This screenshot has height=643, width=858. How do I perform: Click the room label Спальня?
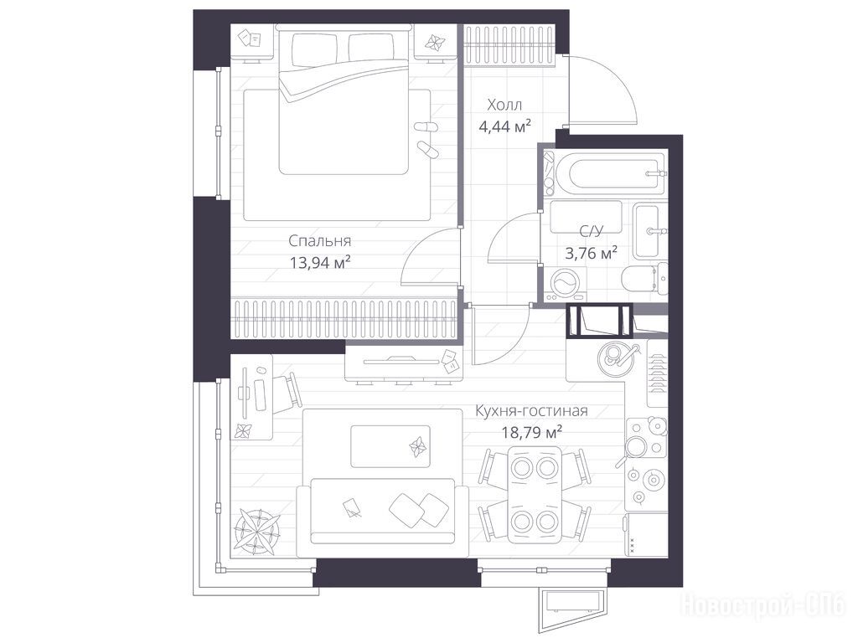click(319, 240)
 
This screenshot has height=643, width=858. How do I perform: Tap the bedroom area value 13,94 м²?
click(319, 263)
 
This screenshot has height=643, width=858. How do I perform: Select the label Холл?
click(504, 105)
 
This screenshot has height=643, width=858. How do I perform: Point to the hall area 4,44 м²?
click(504, 127)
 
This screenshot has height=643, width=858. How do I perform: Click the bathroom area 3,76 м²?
click(591, 253)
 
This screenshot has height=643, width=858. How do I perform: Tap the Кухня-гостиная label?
click(531, 410)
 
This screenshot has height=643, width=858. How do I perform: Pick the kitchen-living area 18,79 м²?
click(532, 433)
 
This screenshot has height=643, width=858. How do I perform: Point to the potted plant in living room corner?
click(256, 530)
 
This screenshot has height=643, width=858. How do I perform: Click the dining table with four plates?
click(535, 494)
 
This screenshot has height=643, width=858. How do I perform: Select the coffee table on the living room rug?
click(390, 447)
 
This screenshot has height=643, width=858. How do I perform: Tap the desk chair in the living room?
click(287, 394)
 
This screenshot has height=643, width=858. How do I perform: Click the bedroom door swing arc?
click(421, 245)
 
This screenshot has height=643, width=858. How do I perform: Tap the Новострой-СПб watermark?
click(762, 606)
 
